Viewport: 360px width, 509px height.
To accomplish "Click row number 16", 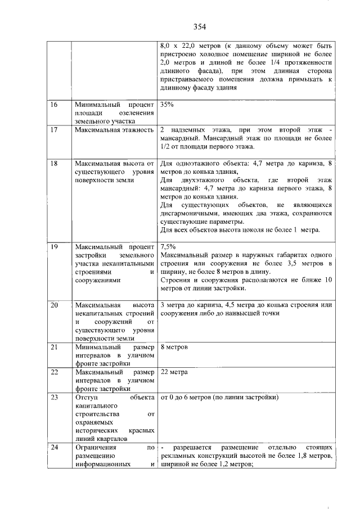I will tap(55, 105).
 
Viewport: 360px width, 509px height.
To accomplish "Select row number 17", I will tap(55, 130).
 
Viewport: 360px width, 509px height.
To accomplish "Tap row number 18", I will tap(55, 164).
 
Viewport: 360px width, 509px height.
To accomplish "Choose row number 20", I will tap(55, 305).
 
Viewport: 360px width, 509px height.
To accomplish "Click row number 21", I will tap(55, 347).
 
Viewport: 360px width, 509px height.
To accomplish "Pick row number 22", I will tap(55, 372).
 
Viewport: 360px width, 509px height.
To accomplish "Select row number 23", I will tap(55, 398).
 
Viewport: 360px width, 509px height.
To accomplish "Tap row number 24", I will tap(55, 448).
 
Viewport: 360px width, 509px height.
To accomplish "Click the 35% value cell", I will tap(167, 105).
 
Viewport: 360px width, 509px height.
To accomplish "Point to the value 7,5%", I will tap(168, 246).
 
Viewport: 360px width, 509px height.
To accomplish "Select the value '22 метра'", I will tap(174, 372).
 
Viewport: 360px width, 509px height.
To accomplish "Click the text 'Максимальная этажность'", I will tap(114, 130).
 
